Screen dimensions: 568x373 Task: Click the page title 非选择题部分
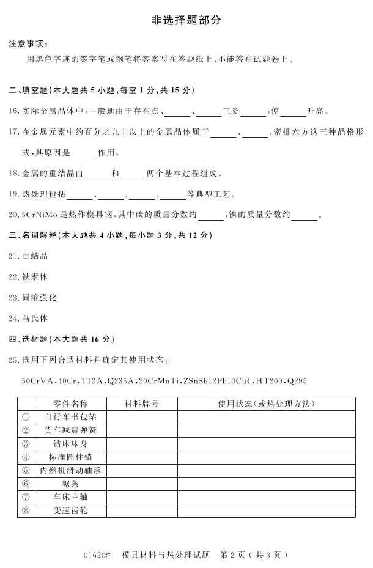click(x=186, y=20)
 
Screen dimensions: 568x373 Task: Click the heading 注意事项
click(x=27, y=44)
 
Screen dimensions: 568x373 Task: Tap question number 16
click(x=14, y=111)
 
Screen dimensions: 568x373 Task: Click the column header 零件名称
click(x=71, y=404)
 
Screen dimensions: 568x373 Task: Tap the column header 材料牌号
click(x=142, y=404)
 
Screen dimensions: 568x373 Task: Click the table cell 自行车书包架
click(x=71, y=417)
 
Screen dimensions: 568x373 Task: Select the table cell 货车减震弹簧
click(x=71, y=430)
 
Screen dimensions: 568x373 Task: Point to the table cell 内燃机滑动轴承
click(x=71, y=470)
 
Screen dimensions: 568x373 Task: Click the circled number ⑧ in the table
click(x=26, y=511)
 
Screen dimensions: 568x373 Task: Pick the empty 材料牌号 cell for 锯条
click(x=142, y=484)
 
